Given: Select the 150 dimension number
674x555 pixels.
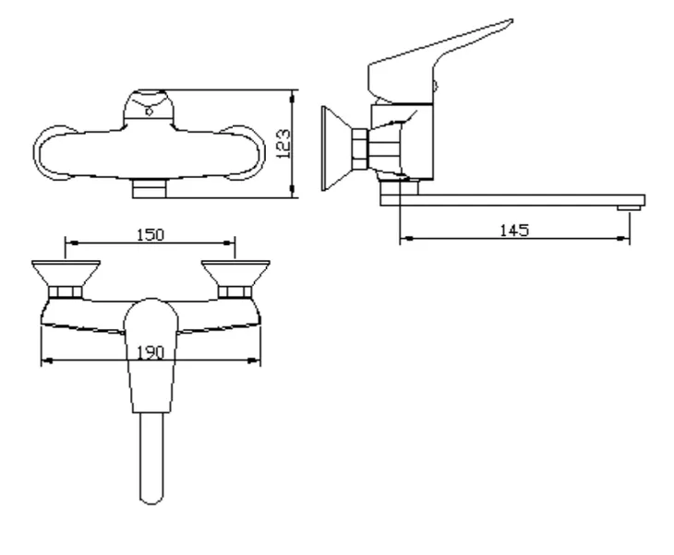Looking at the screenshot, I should [150, 234].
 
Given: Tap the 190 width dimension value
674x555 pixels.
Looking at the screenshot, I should [150, 350].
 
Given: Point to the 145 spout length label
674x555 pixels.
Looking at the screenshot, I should [514, 230].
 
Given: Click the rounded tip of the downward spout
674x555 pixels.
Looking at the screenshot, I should [151, 493].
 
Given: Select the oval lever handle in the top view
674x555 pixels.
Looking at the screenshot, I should [150, 355].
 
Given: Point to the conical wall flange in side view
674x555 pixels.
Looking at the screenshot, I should [337, 148].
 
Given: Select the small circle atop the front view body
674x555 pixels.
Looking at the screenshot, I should [149, 113].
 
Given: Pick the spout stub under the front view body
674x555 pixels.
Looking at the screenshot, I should [149, 189].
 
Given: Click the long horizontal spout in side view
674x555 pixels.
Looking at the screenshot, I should [517, 199].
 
